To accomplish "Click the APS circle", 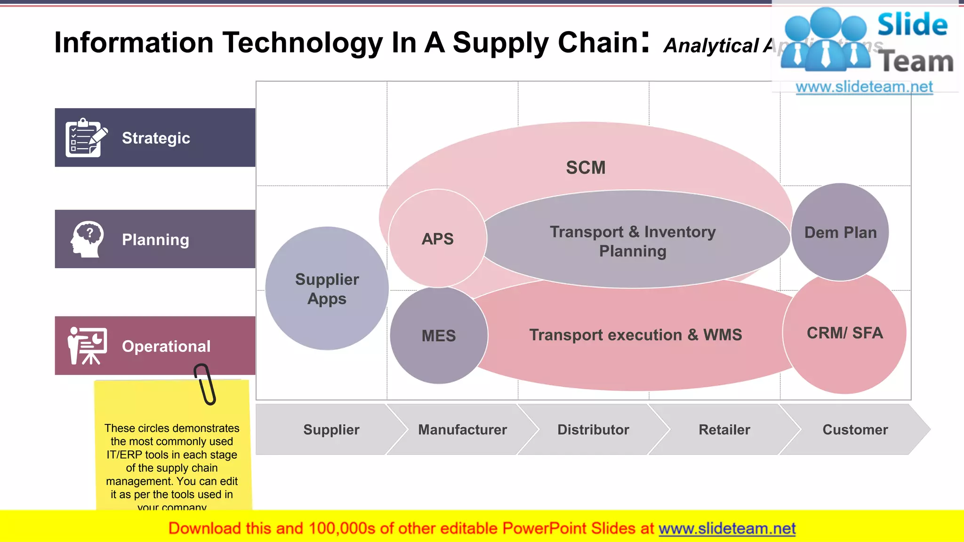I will click(437, 239).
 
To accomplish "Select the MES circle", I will click(439, 335).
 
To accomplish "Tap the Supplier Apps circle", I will click(327, 289).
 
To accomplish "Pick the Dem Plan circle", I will click(840, 232).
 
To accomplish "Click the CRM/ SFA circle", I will click(844, 333).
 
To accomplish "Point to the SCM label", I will click(586, 167).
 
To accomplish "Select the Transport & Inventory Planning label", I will click(633, 241).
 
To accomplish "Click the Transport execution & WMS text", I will click(635, 335).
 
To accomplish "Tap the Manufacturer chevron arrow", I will click(462, 430).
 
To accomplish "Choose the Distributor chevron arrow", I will click(593, 430).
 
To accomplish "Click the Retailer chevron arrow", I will click(724, 430).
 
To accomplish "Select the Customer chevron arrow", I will click(855, 430).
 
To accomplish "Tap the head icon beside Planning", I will click(88, 239).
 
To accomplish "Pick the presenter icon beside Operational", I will click(87, 346).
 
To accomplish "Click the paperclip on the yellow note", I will click(205, 384).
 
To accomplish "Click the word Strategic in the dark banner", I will click(156, 138).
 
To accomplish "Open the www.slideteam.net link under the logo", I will click(864, 87).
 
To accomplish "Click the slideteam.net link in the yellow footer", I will click(727, 528).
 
